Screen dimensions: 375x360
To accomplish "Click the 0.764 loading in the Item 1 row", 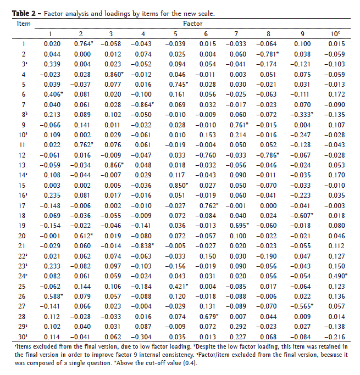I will [x=82, y=44].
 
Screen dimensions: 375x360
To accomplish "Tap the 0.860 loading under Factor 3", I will [x=114, y=74].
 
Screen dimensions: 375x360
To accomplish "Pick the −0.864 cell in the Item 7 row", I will [x=145, y=104].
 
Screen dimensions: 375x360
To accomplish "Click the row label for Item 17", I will [x=24, y=204].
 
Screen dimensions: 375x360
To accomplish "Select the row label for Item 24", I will [x=24, y=275].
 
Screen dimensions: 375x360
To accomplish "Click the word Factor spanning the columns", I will [x=192, y=24].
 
